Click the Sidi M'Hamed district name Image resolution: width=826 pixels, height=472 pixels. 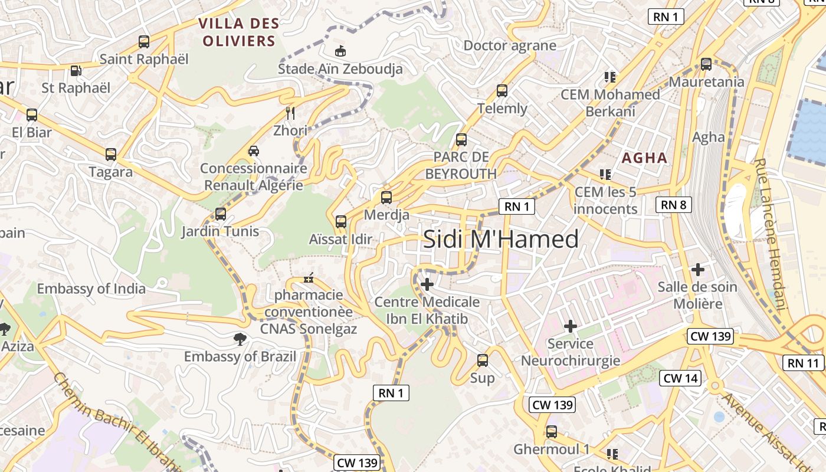[501, 240]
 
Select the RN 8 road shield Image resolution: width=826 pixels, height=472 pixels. [673, 205]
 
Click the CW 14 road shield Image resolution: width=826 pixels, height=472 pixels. [681, 378]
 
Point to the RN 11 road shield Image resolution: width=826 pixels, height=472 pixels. [804, 363]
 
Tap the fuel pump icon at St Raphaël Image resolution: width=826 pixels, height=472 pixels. [76, 71]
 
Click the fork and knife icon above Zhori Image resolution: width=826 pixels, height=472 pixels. [290, 113]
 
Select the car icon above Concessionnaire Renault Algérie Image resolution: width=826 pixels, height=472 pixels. [254, 151]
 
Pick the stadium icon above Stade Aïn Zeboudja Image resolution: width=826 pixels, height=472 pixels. [340, 51]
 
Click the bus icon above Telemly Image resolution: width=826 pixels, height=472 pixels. [502, 91]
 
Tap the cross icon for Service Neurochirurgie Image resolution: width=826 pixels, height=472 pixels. [571, 326]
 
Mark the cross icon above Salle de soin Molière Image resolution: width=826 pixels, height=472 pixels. [698, 270]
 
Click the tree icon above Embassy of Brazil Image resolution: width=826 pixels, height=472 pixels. [240, 339]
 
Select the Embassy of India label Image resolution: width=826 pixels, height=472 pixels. [91, 289]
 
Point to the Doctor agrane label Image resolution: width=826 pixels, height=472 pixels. [510, 45]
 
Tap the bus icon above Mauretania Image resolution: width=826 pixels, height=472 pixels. [706, 64]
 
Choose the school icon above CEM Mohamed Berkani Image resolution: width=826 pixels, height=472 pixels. [610, 77]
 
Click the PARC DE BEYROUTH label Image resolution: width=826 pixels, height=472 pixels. [461, 165]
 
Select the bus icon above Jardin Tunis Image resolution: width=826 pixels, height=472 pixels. [221, 214]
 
